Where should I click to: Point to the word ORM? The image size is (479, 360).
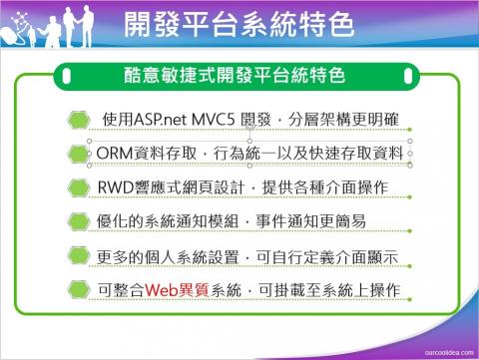(x=119, y=153)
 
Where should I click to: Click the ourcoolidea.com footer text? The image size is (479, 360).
(x=443, y=351)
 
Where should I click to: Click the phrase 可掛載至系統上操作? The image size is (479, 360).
(x=328, y=289)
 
